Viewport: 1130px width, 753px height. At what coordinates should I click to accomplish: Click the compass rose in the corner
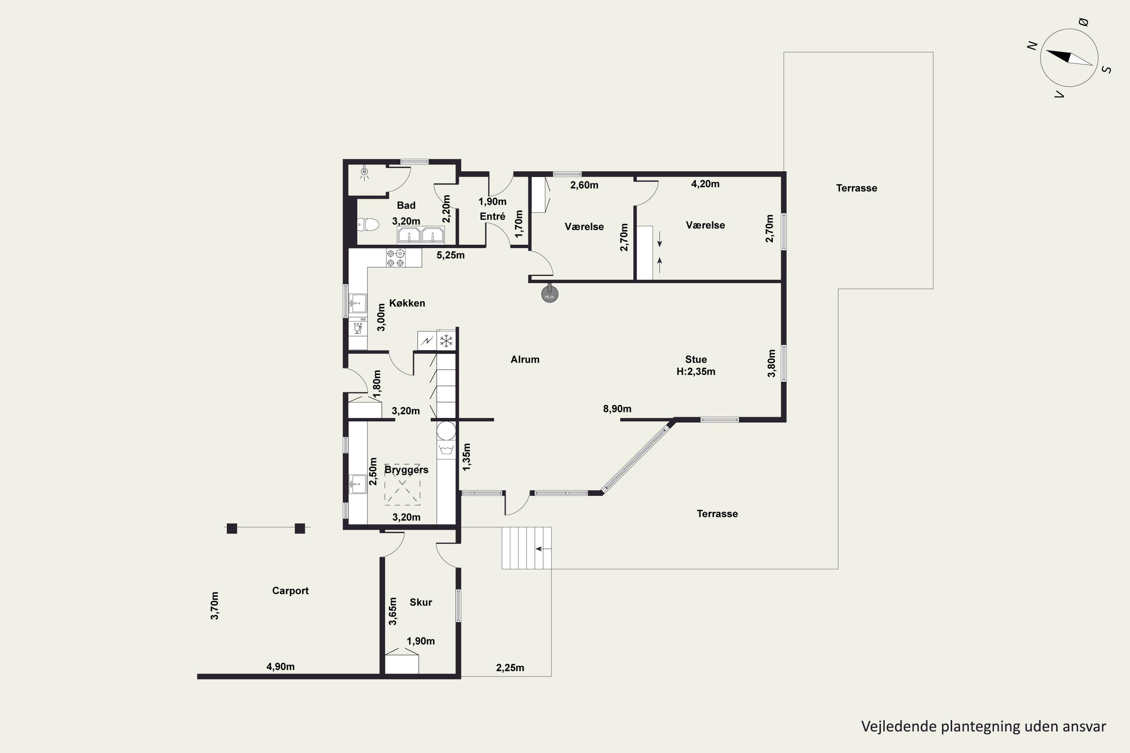point(1069,58)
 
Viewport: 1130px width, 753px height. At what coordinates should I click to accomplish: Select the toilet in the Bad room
point(368,224)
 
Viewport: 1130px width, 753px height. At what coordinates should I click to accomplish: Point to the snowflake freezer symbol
point(446,340)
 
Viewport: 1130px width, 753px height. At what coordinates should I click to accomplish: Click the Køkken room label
point(407,303)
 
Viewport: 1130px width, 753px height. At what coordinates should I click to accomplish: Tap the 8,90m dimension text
point(617,409)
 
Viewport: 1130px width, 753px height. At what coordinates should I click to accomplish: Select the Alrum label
point(525,359)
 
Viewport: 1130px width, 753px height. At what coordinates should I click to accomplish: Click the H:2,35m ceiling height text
point(696,371)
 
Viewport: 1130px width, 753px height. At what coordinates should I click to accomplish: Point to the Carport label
point(290,591)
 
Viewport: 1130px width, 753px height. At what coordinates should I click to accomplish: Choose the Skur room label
point(420,602)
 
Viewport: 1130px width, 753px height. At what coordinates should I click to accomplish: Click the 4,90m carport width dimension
point(281,666)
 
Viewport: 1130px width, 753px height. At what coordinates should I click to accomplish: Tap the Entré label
point(492,216)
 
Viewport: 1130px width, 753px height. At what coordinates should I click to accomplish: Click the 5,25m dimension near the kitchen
point(450,255)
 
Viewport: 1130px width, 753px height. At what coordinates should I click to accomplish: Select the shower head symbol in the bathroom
point(365,172)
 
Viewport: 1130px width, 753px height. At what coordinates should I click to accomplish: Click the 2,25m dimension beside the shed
point(510,668)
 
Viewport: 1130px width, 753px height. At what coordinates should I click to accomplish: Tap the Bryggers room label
point(406,469)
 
